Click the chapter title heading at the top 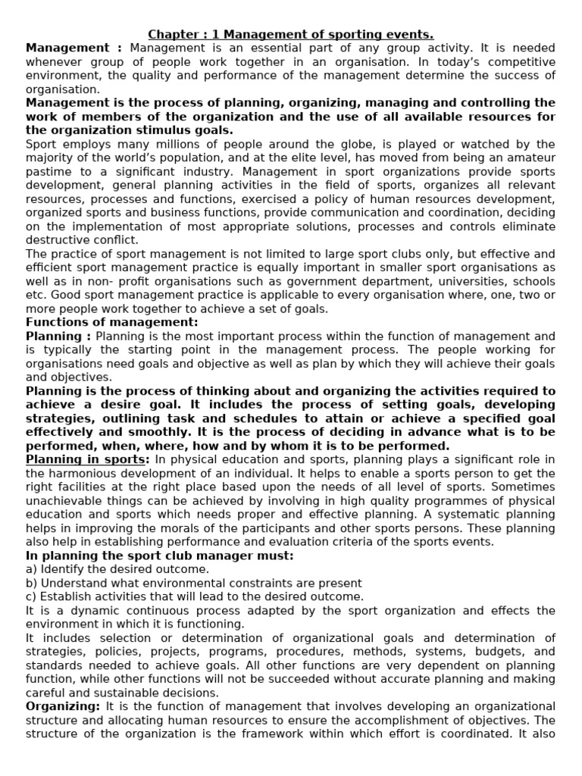pos(291,34)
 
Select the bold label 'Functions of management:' pos(112,322)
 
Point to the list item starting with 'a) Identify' pos(117,568)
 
